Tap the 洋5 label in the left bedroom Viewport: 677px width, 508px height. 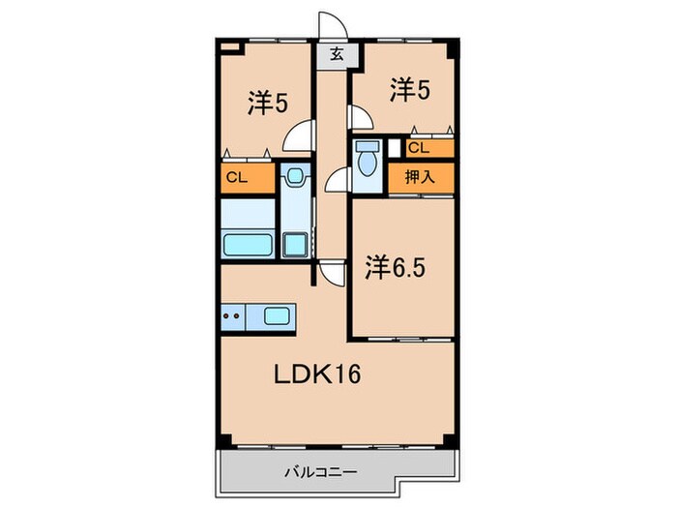pyautogui.click(x=266, y=104)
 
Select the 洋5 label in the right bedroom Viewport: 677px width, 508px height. pyautogui.click(x=410, y=90)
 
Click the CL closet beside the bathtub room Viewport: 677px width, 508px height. pyautogui.click(x=237, y=177)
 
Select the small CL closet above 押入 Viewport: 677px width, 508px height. pyautogui.click(x=419, y=148)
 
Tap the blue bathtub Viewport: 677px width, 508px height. pyautogui.click(x=247, y=243)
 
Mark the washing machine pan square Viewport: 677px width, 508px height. pyautogui.click(x=294, y=244)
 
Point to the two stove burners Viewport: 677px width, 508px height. pyautogui.click(x=232, y=314)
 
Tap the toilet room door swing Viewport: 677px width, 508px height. pyautogui.click(x=338, y=179)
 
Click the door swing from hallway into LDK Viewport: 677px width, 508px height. pyautogui.click(x=332, y=272)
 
